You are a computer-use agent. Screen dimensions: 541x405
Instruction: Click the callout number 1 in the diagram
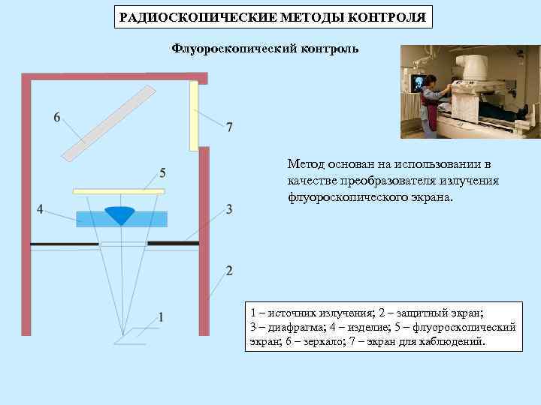click(x=162, y=316)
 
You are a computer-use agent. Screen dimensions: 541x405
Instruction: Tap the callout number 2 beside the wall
click(x=229, y=270)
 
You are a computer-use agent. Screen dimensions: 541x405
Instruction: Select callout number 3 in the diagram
click(x=229, y=209)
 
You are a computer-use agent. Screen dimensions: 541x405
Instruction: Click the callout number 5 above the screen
click(x=163, y=173)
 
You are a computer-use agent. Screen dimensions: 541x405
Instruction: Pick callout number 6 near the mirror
click(x=57, y=118)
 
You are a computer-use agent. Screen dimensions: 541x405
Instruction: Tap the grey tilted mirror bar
click(x=109, y=123)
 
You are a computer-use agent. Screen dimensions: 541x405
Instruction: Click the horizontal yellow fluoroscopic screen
click(x=118, y=191)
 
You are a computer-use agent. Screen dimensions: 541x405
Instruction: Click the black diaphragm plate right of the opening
click(x=173, y=243)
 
